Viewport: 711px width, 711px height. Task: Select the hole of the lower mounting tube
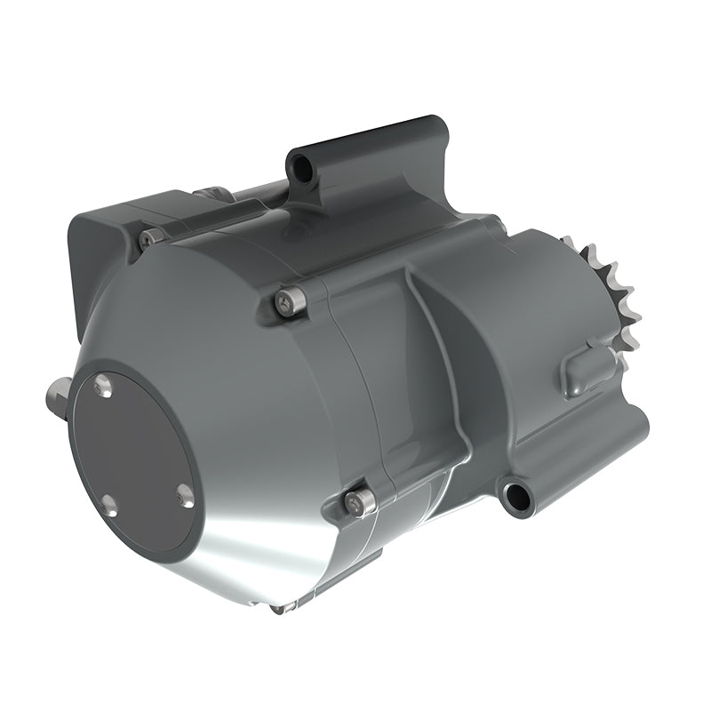click(513, 494)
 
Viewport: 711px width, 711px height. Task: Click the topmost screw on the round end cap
click(103, 386)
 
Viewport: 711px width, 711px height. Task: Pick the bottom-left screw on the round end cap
click(108, 507)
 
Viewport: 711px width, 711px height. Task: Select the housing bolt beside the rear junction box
click(150, 237)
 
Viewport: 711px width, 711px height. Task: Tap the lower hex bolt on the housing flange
click(359, 502)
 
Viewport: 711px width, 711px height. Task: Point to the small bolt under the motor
click(279, 609)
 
